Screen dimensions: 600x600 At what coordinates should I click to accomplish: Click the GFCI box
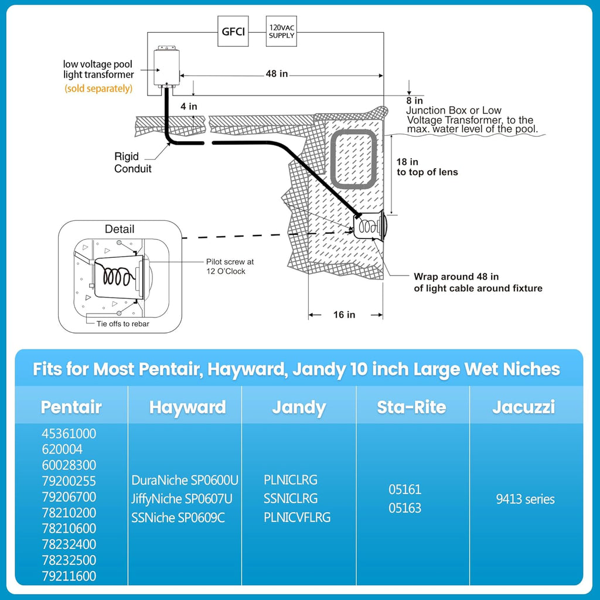coord(233,32)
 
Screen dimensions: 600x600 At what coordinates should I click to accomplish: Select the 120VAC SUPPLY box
coord(281,32)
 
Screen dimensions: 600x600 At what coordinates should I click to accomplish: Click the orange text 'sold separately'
coord(98,88)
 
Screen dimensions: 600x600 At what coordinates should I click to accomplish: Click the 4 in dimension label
coord(189,107)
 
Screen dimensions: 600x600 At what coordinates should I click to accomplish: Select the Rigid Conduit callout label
coord(133,163)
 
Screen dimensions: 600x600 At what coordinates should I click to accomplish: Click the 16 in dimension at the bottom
coord(344,315)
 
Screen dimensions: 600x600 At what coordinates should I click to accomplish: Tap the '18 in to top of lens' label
coord(427,166)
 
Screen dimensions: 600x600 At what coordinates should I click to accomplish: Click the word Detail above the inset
coord(119,229)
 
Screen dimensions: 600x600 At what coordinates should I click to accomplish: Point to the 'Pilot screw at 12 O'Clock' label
coord(230,267)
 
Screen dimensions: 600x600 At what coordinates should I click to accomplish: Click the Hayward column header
coord(187,407)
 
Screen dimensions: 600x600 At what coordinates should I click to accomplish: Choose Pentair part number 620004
coord(62,449)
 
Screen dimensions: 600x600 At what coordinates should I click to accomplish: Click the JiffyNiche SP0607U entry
coord(182,499)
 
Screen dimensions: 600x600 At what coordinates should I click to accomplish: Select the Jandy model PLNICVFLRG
coord(297,517)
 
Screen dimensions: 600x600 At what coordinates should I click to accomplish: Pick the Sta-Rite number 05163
coord(405,508)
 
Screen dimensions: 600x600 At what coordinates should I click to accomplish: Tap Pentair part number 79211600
coord(69,576)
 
